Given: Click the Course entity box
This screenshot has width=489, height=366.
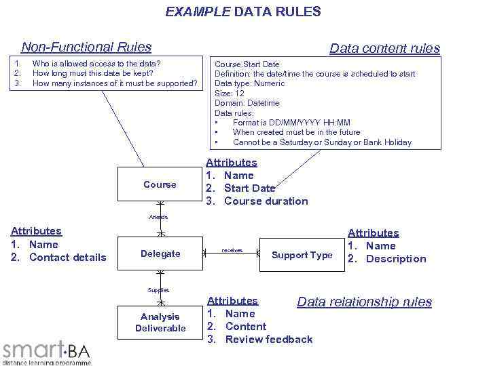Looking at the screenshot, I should (x=160, y=184).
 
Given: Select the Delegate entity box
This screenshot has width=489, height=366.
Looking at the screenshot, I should (x=160, y=253).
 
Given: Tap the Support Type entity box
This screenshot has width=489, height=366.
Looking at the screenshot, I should (x=302, y=255).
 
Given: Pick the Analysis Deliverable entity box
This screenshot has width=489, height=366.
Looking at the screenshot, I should (x=160, y=323).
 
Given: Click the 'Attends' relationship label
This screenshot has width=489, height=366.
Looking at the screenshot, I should (x=159, y=217).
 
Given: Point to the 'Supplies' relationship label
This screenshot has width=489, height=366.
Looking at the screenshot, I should (x=159, y=290).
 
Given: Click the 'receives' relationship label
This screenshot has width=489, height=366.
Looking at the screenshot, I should (x=232, y=250).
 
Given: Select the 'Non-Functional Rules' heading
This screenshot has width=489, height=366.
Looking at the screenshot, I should (x=86, y=47).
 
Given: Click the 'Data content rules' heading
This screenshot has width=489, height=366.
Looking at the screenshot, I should (x=384, y=48).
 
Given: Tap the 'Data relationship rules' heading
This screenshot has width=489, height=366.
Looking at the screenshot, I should (x=364, y=302).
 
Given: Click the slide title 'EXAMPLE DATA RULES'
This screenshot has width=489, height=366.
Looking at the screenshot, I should (x=244, y=12).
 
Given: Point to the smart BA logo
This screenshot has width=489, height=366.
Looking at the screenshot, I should (x=46, y=351).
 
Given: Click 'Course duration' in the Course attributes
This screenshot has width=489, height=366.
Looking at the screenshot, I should (x=266, y=201).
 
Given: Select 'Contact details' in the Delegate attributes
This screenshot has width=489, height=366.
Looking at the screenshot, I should (x=68, y=257).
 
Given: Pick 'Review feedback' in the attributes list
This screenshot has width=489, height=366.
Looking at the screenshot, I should (x=269, y=339).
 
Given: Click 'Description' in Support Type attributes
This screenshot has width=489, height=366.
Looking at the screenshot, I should (x=396, y=258).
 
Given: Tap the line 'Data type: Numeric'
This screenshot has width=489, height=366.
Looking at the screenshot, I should (x=250, y=83).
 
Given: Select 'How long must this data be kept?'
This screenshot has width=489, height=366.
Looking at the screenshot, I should (x=93, y=73).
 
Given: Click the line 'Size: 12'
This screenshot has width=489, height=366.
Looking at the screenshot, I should (x=230, y=93).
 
